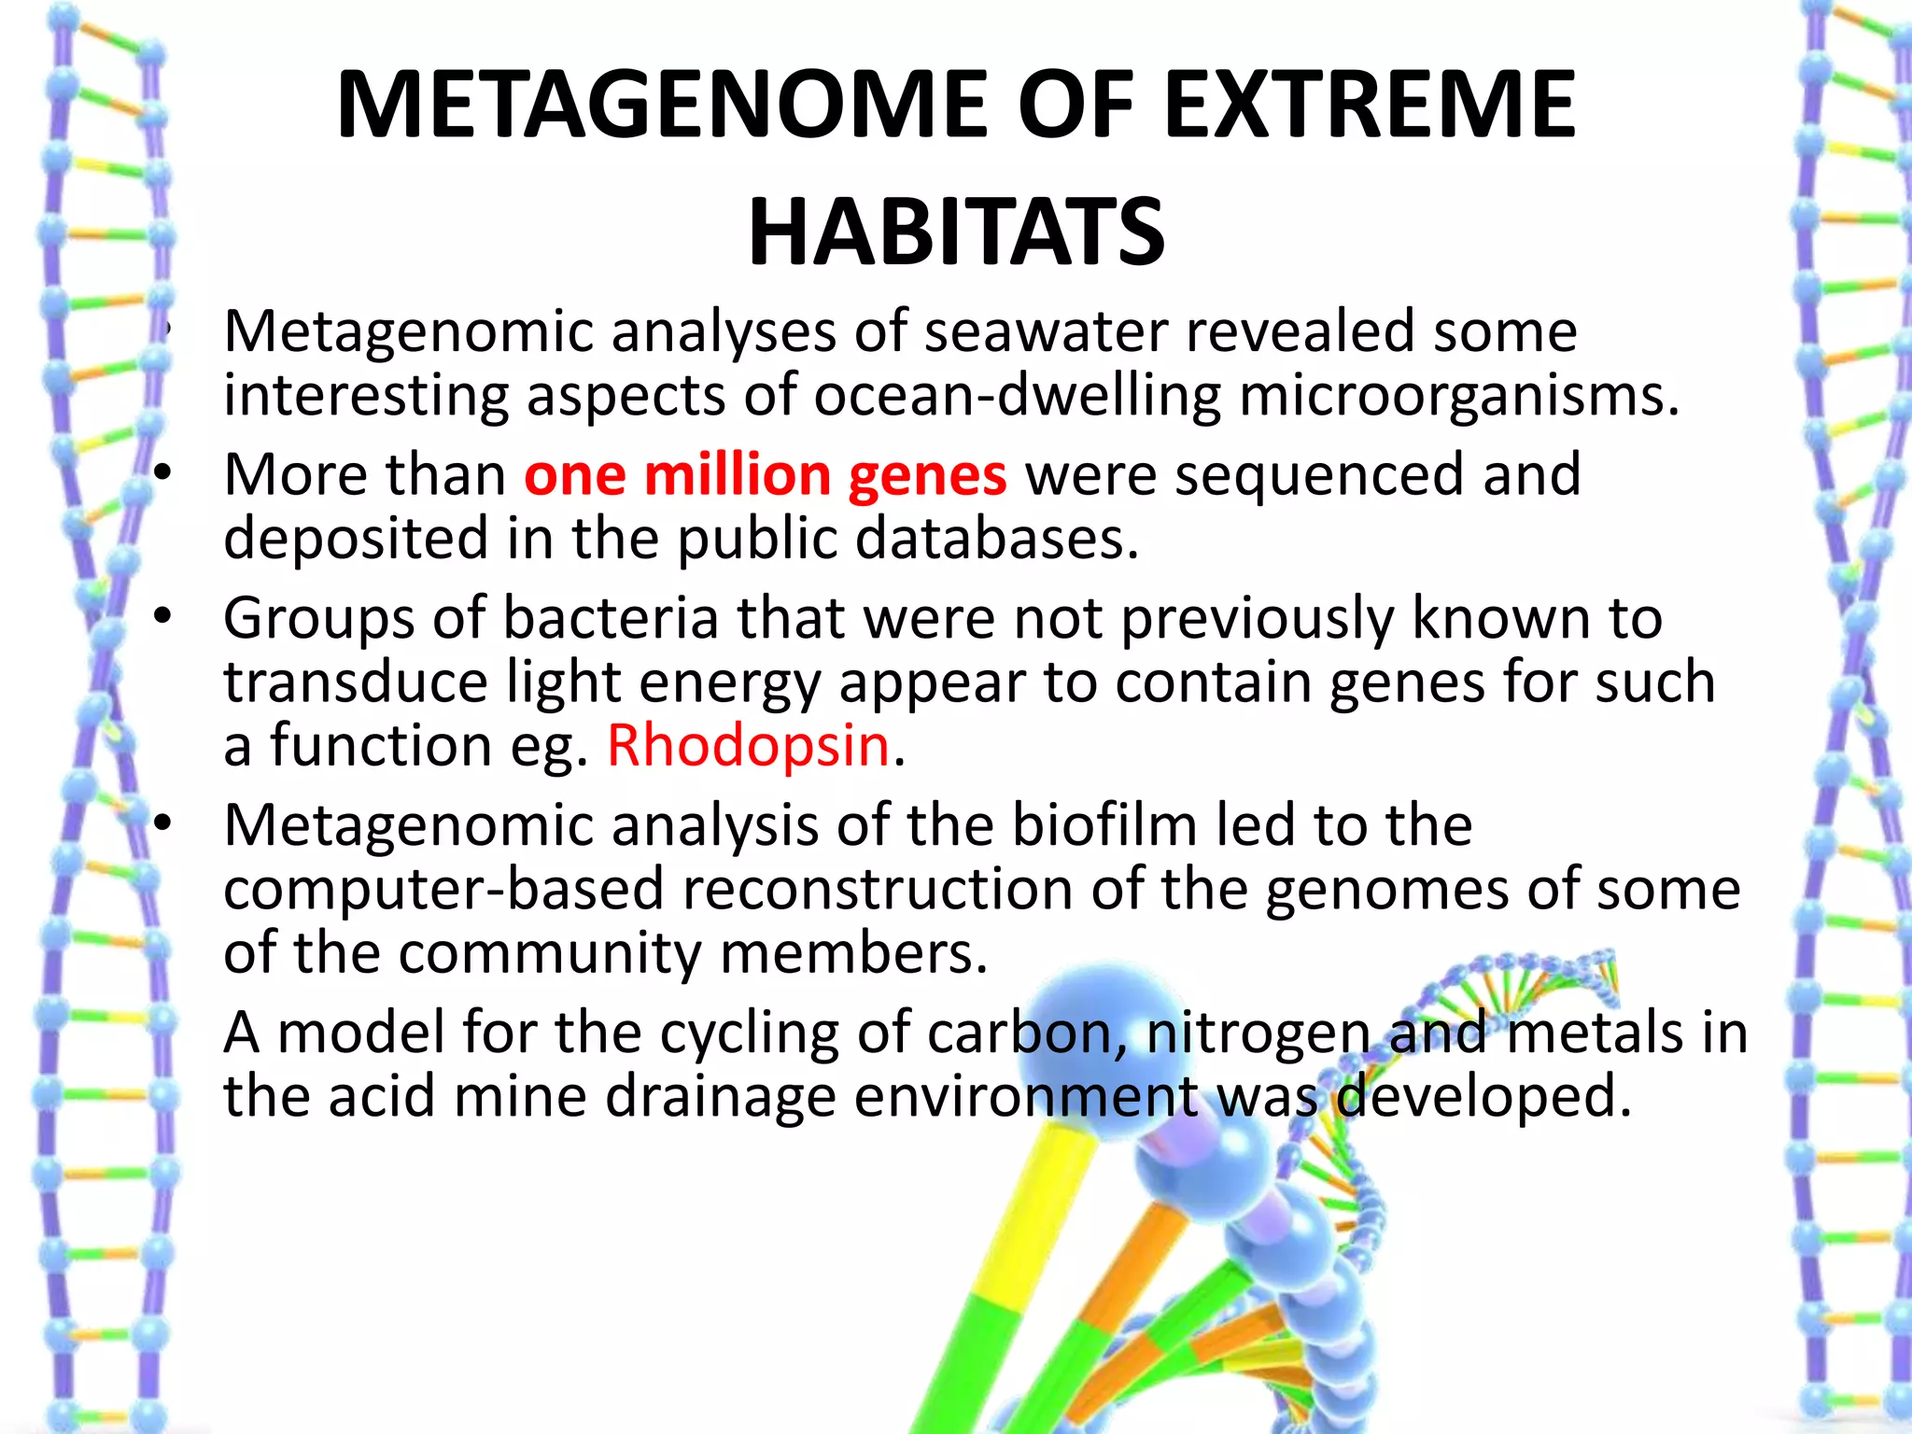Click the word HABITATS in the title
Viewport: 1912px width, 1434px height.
(x=956, y=232)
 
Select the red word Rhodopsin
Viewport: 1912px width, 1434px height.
(x=748, y=747)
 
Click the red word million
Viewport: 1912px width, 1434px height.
(x=737, y=475)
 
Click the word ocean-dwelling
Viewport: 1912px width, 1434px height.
(x=1017, y=396)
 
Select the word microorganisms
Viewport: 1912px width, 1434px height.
(x=1458, y=396)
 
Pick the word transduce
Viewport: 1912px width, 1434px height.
(x=355, y=682)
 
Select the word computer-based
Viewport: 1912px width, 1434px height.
(x=443, y=890)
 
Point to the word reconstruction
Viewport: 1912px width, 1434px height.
(x=877, y=890)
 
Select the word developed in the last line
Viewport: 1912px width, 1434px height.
(x=1484, y=1097)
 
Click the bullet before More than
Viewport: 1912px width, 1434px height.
(x=163, y=474)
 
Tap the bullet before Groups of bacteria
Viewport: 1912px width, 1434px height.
(x=163, y=617)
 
